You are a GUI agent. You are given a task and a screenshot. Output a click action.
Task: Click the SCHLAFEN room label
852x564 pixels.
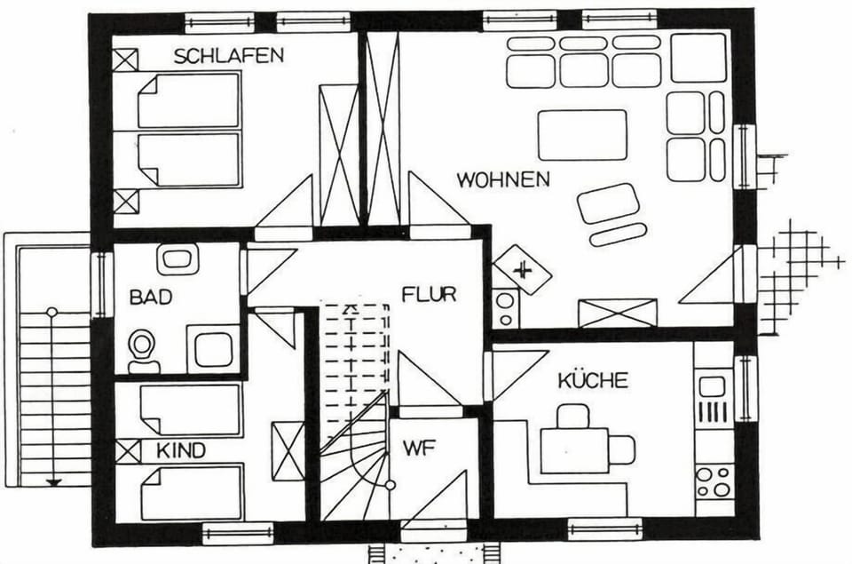[x=229, y=56]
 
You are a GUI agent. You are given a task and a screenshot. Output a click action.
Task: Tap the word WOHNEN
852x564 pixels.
[x=503, y=179]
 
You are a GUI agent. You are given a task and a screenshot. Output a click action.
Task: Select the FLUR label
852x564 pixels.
[x=429, y=294]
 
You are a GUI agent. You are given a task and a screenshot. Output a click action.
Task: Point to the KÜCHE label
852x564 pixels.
[x=593, y=380]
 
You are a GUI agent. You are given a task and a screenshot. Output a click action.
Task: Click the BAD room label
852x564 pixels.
[x=151, y=297]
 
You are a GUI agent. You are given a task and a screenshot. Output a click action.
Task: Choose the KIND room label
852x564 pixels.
[x=181, y=451]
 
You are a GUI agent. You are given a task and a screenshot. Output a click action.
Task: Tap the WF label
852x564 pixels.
[x=420, y=449]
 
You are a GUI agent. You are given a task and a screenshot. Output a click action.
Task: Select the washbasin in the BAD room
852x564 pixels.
[x=177, y=258]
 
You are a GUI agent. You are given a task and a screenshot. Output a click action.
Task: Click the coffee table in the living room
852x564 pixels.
[x=582, y=135]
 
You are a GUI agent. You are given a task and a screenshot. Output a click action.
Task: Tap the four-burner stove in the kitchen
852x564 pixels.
[x=714, y=481]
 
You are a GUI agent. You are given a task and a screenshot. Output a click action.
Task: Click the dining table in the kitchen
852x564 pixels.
[x=574, y=451]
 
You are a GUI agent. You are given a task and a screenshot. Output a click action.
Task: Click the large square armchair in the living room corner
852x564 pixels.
[x=698, y=58]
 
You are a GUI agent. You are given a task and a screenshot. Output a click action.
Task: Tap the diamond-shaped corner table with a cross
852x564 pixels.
[x=522, y=270]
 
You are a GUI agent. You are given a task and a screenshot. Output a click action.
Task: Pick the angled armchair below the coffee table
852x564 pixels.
[x=608, y=203]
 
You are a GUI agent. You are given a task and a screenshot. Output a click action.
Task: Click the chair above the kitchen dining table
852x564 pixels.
[x=573, y=416]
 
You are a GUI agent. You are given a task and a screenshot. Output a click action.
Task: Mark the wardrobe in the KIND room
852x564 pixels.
[x=288, y=451]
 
